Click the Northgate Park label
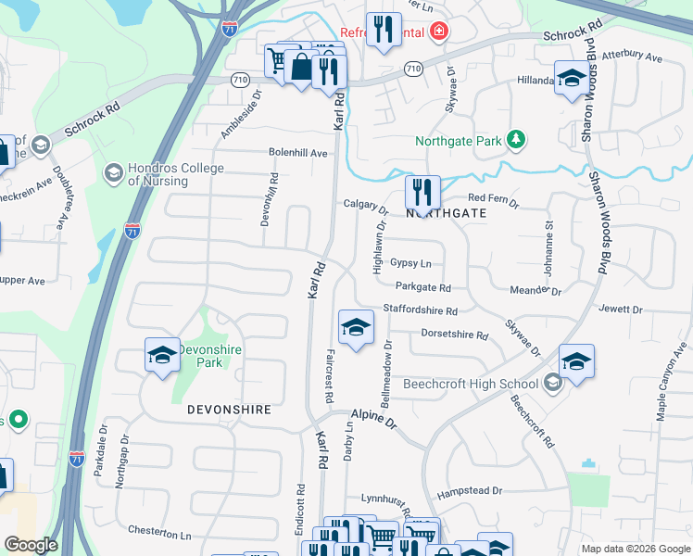457,142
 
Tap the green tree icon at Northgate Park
516,141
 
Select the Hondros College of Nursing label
175,174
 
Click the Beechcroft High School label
470,384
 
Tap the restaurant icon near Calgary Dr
422,193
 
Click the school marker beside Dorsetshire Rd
356,327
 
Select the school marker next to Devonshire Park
162,355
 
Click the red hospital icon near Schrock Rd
437,32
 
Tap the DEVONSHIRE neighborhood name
229,409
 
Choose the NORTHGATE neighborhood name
447,213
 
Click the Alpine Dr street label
373,419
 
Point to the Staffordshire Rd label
421,311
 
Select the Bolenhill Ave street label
298,153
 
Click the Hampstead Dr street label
471,490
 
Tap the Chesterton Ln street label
159,534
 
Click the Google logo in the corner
31,545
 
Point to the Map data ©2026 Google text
636,549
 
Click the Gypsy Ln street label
410,263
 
